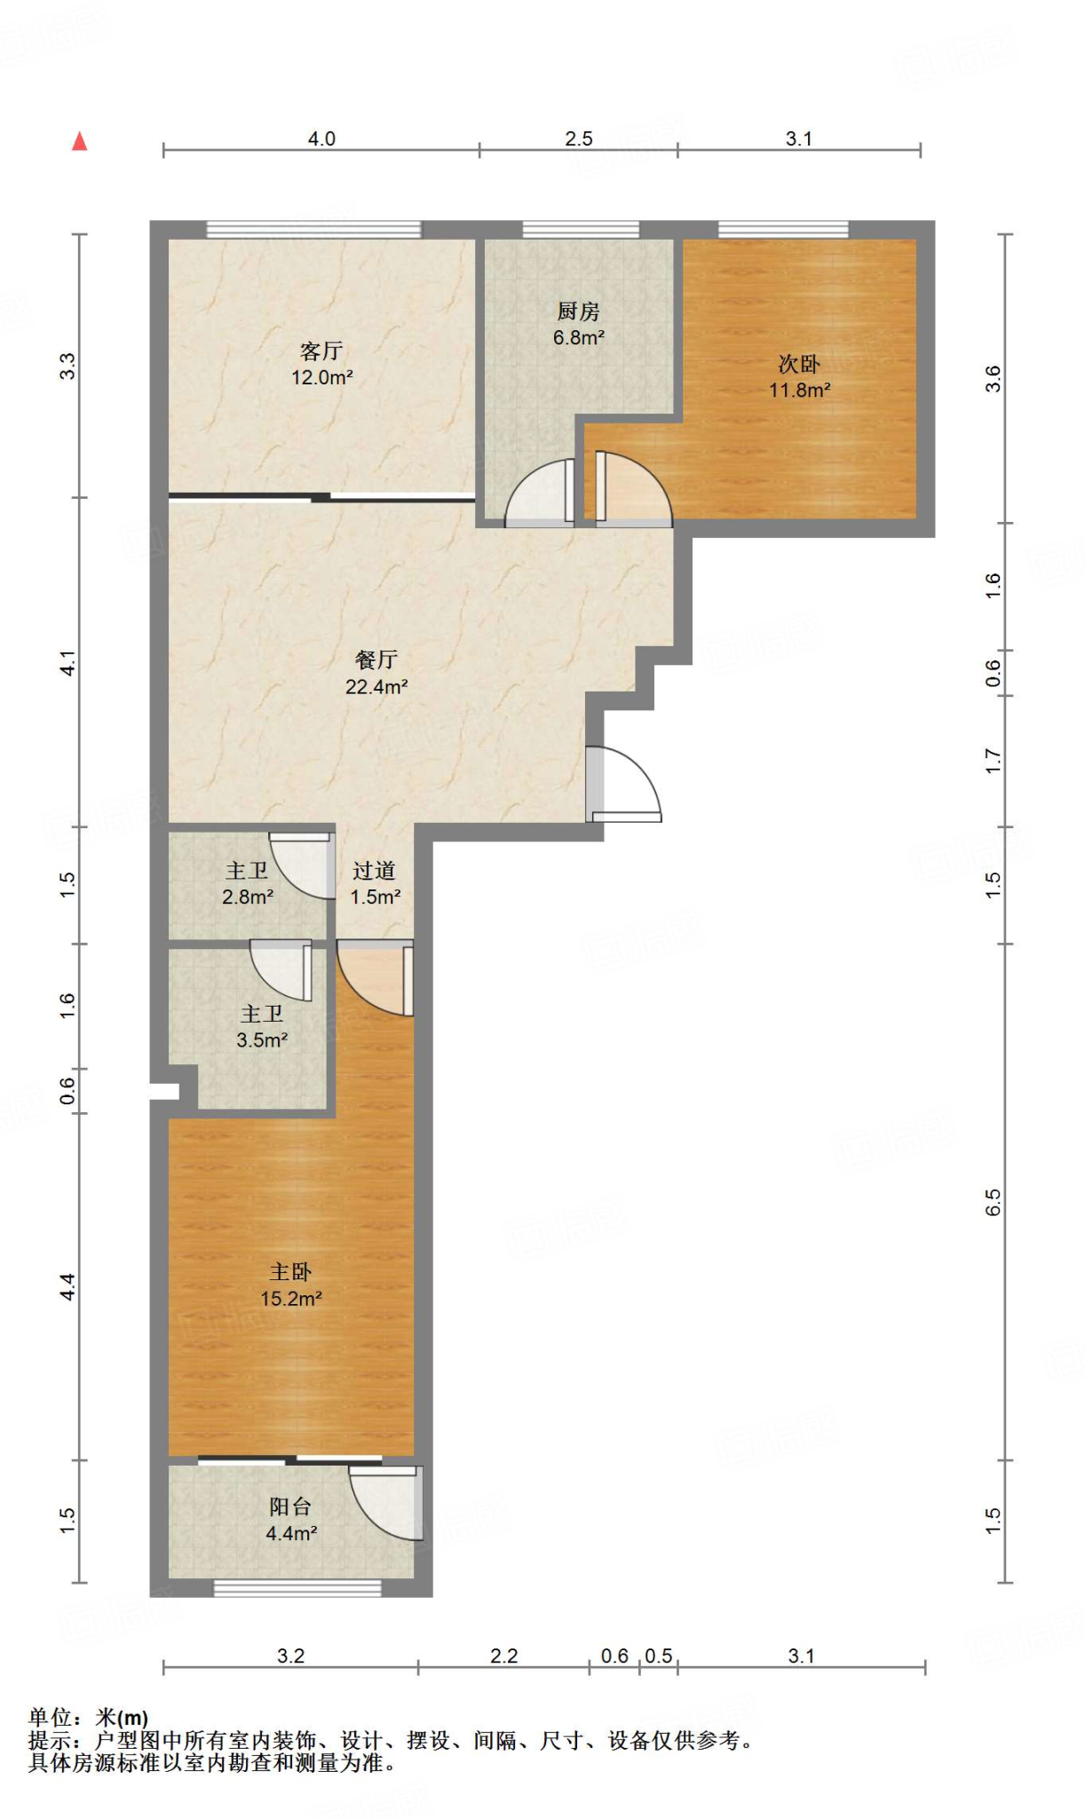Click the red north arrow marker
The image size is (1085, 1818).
pos(80,141)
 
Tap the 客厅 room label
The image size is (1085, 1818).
pos(321,351)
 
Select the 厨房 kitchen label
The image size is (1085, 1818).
pos(579,312)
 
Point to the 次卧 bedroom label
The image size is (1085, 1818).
pos(799,364)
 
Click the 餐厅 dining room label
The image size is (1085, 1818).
pos(376,660)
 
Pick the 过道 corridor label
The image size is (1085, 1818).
pos(375,871)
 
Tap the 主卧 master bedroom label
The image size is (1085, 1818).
pos(291,1272)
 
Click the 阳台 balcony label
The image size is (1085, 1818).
pos(291,1506)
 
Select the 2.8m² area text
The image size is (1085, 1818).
pos(248,897)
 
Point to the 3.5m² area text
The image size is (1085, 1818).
pos(262,1040)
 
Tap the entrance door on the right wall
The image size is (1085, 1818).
pos(623,784)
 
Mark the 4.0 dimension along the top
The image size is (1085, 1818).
pos(321,138)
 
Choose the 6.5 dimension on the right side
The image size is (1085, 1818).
pos(994,1202)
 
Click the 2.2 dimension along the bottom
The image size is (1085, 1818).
pos(503,1656)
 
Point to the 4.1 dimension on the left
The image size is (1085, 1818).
pos(67,663)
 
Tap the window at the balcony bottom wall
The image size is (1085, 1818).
pos(297,1588)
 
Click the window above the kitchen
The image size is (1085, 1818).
pos(581,230)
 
